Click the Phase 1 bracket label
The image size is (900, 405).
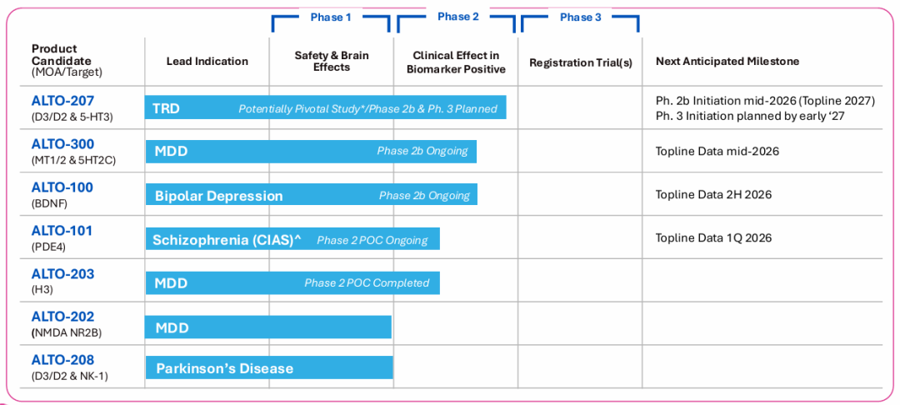(x=331, y=17)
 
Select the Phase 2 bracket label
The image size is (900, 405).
(x=458, y=17)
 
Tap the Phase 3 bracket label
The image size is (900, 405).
(x=581, y=17)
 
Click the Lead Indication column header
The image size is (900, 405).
(x=207, y=62)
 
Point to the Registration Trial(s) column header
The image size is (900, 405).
(x=580, y=62)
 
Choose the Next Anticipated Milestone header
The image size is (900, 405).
(x=727, y=62)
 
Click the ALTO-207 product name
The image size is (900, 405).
(x=62, y=100)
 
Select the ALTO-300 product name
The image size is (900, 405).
(x=62, y=144)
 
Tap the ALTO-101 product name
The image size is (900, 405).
(x=62, y=231)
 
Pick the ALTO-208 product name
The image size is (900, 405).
(x=62, y=360)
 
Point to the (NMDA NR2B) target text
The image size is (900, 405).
(x=67, y=332)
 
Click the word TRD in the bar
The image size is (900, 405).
(x=166, y=108)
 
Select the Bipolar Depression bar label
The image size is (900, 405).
(x=218, y=196)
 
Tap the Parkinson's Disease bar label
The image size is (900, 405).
(x=225, y=368)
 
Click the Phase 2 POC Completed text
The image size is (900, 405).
(x=367, y=282)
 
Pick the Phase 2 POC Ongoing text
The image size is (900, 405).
(x=372, y=240)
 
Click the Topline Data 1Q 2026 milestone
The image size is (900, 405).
(x=713, y=238)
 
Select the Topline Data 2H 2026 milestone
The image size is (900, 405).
(x=713, y=194)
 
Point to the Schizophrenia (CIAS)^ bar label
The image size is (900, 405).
(x=227, y=240)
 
